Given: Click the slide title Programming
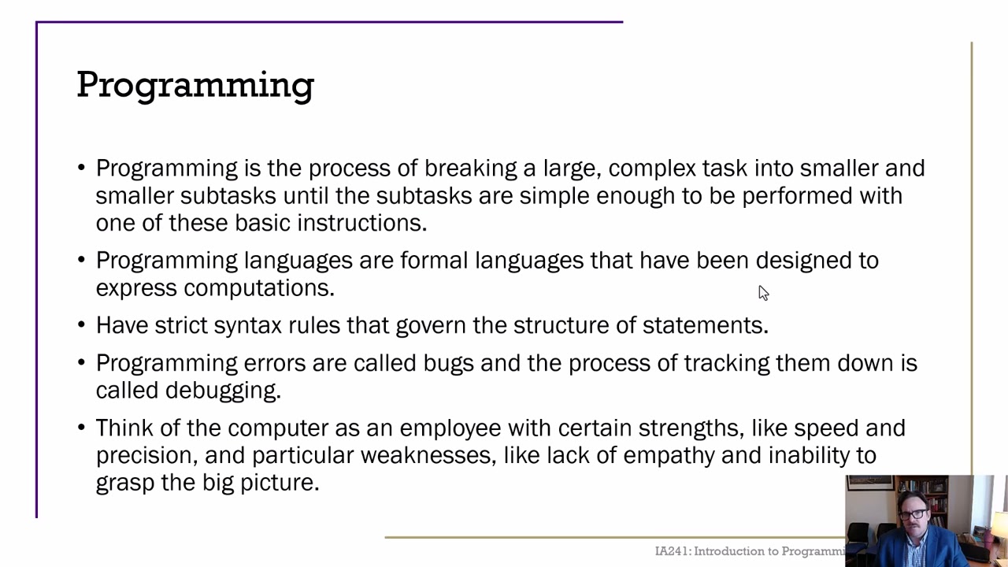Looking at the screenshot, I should pyautogui.click(x=195, y=85).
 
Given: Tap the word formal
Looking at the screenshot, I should pyautogui.click(x=434, y=261).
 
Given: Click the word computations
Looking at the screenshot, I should pyautogui.click(x=259, y=288).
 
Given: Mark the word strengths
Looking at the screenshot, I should pyautogui.click(x=690, y=428).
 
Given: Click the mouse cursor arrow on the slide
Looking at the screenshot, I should pyautogui.click(x=762, y=292).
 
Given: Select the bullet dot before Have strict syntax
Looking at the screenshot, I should pyautogui.click(x=82, y=325).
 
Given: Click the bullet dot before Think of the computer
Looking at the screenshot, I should pyautogui.click(x=82, y=428).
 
